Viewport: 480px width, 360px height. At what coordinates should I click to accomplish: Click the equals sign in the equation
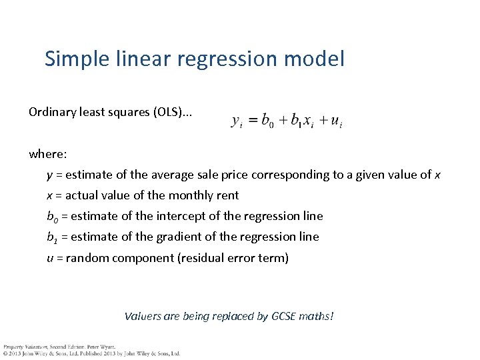(x=253, y=121)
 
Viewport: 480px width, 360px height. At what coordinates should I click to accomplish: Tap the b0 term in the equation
(x=267, y=121)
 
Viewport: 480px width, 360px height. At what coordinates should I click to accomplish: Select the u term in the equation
(x=337, y=121)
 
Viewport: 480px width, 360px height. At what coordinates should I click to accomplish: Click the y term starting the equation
(x=237, y=121)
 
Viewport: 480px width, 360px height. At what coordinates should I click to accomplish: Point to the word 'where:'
(x=47, y=154)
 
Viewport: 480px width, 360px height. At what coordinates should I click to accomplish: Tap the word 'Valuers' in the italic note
(x=143, y=315)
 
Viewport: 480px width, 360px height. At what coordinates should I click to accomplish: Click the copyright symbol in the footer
(x=5, y=353)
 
